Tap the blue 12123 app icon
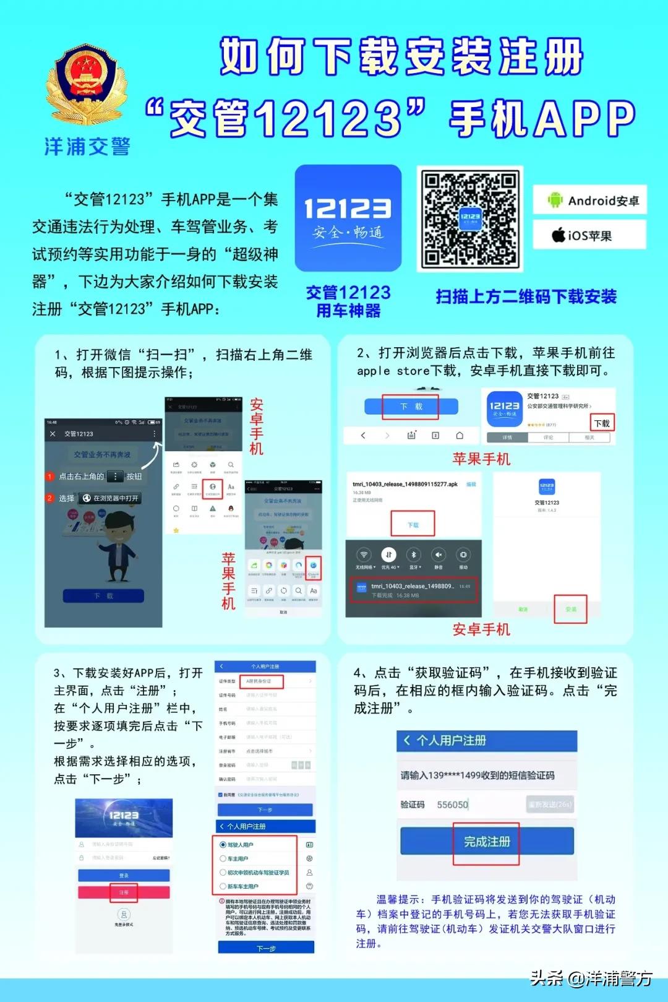[348, 218]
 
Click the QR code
[470, 218]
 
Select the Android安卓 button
[590, 200]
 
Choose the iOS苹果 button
[590, 235]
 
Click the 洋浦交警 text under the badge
[87, 146]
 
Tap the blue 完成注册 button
[487, 841]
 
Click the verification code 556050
[453, 805]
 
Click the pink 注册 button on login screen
[124, 892]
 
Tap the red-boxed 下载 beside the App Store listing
[602, 423]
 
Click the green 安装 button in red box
[570, 609]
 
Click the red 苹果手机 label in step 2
[481, 459]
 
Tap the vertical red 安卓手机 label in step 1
[257, 427]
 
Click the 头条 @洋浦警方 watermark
[591, 978]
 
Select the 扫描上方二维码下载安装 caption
[526, 296]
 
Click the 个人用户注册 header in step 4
[451, 740]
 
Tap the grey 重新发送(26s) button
[550, 804]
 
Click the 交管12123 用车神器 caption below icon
[348, 301]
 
